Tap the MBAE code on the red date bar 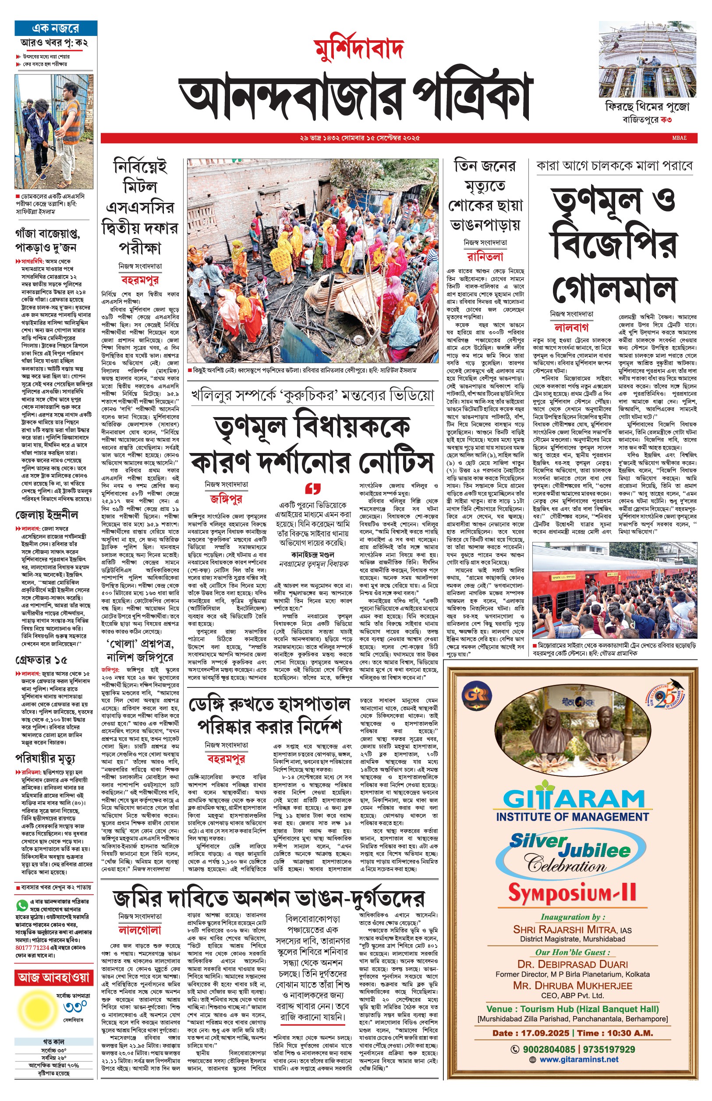point(679,138)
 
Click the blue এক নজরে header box point(56,28)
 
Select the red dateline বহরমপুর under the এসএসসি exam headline point(140,280)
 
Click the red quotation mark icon point(313,489)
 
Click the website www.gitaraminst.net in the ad point(578,1059)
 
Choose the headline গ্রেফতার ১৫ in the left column point(41,659)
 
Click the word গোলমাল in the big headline point(614,289)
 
